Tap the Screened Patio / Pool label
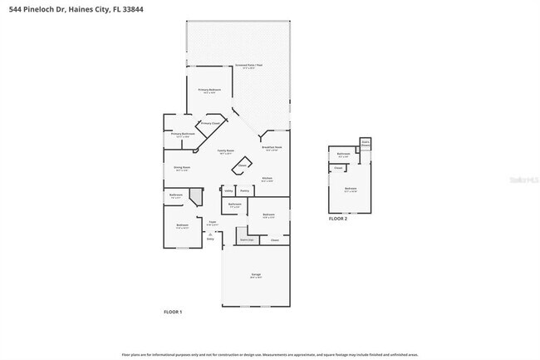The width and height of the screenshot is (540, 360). pyautogui.click(x=248, y=65)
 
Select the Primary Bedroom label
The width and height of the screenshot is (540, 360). pyautogui.click(x=209, y=89)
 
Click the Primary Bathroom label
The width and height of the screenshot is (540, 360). pyautogui.click(x=183, y=134)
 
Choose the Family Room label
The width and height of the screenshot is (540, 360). pyautogui.click(x=226, y=151)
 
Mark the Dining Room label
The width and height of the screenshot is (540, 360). pyautogui.click(x=181, y=168)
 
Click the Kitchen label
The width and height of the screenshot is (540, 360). pyautogui.click(x=268, y=179)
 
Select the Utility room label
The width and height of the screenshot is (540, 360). pyautogui.click(x=228, y=190)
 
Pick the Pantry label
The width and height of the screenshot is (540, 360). pyautogui.click(x=244, y=190)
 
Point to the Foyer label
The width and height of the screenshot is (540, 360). pyautogui.click(x=213, y=223)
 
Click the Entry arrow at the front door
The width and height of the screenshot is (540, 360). pyautogui.click(x=210, y=235)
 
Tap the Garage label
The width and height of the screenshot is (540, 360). pyautogui.click(x=257, y=275)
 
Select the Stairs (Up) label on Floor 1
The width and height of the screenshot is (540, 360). pyautogui.click(x=247, y=239)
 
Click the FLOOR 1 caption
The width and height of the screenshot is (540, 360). pyautogui.click(x=172, y=311)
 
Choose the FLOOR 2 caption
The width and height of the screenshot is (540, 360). pyautogui.click(x=337, y=218)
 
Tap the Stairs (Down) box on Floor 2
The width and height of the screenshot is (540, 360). pyautogui.click(x=365, y=144)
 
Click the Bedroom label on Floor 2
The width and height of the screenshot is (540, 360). pyautogui.click(x=351, y=189)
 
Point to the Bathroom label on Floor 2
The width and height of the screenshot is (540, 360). pyautogui.click(x=343, y=155)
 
